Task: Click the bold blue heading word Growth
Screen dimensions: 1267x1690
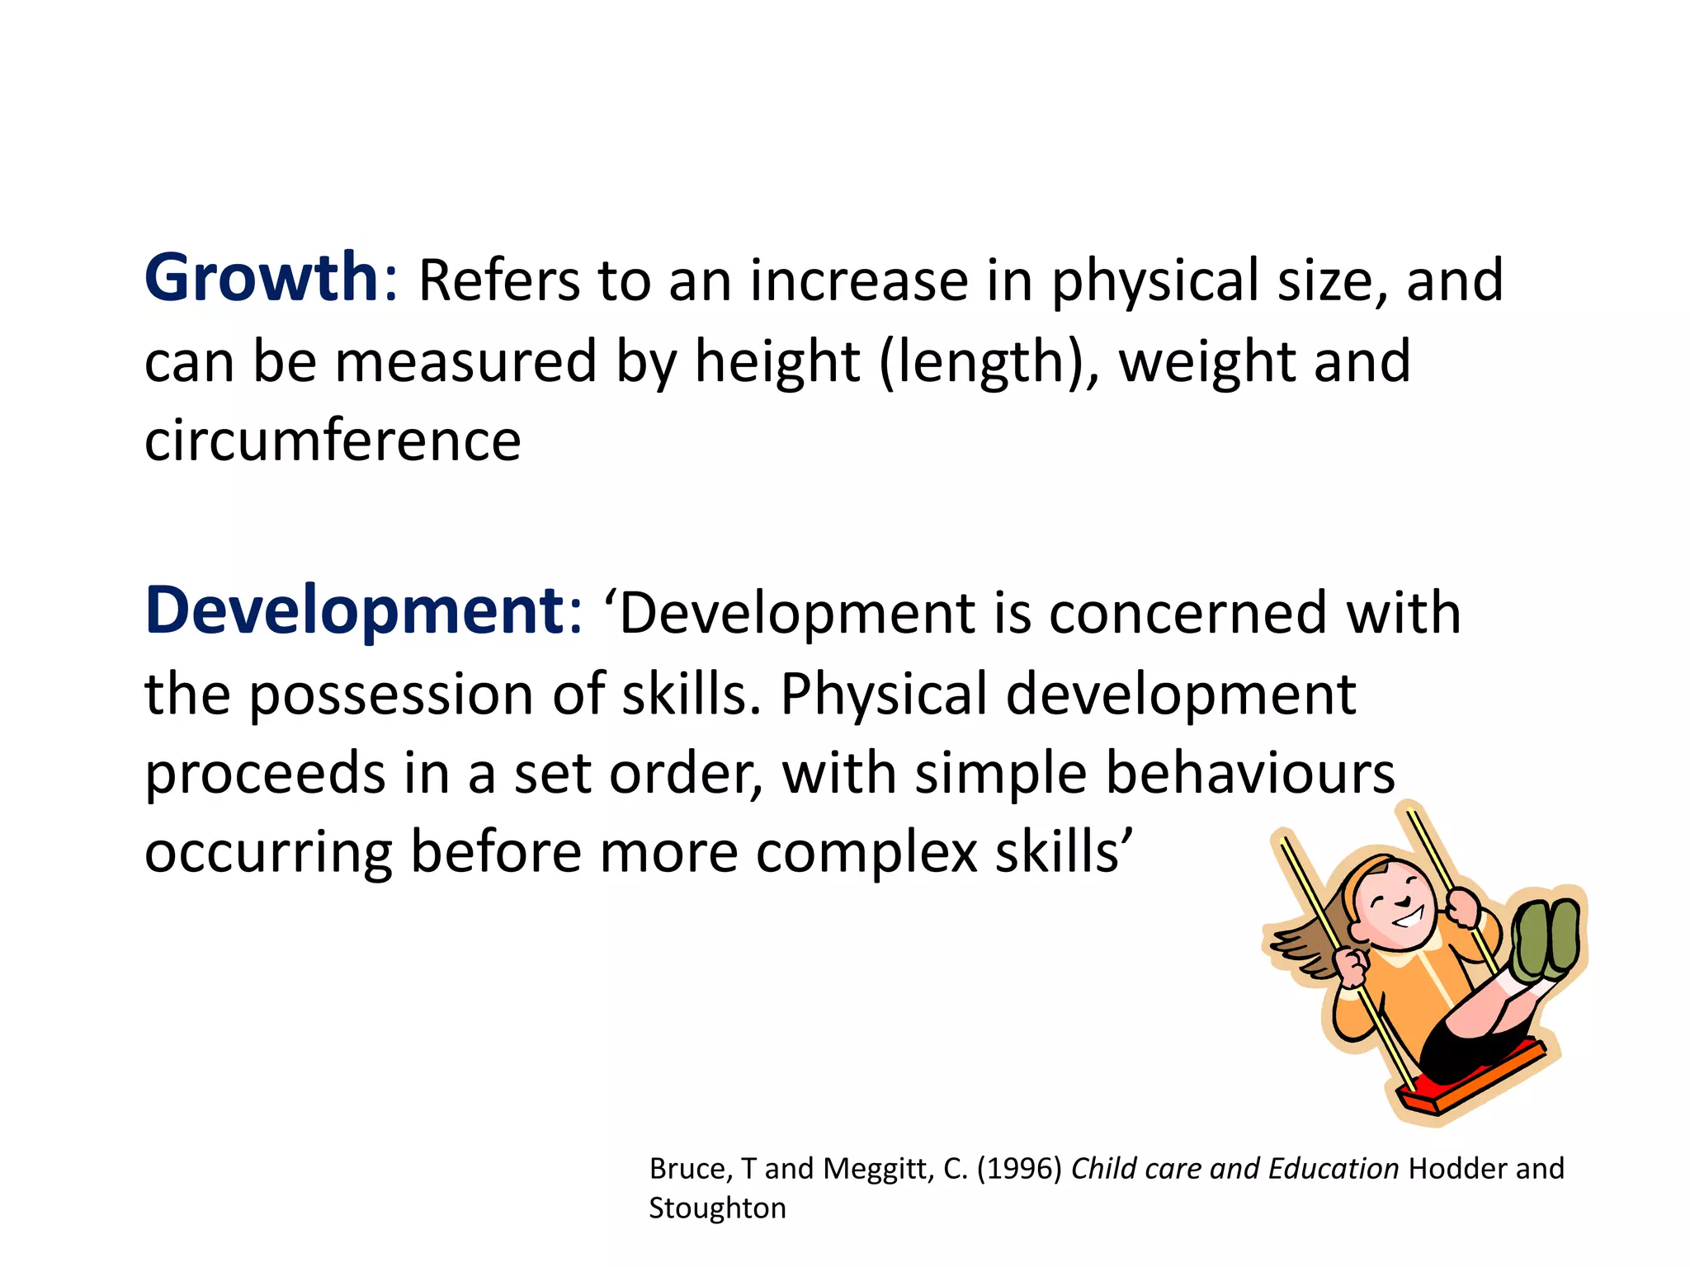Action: click(x=261, y=278)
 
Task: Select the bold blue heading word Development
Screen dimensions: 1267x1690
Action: click(x=355, y=611)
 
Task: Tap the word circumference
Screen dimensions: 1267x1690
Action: click(x=333, y=440)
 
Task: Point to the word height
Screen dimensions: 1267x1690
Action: click(x=777, y=362)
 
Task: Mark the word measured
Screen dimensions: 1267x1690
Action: click(x=465, y=362)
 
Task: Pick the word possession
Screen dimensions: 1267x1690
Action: click(x=392, y=694)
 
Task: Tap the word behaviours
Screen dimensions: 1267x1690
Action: click(x=1249, y=773)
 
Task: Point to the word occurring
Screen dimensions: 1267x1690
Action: click(x=268, y=852)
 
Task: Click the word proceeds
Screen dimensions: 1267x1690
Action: click(x=266, y=775)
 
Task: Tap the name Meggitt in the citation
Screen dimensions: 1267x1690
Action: click(x=877, y=1169)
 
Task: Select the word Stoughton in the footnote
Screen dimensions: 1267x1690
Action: click(x=717, y=1208)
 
